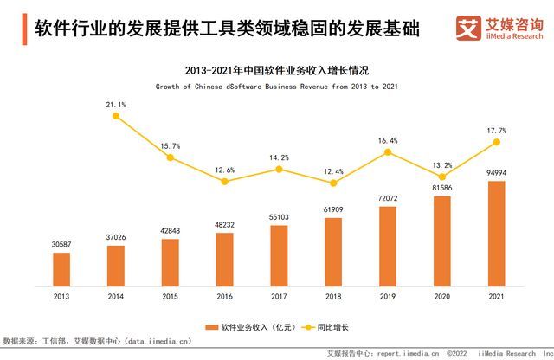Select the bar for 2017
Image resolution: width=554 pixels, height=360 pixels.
(x=279, y=256)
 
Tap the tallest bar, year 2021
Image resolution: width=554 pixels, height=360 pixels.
(x=496, y=234)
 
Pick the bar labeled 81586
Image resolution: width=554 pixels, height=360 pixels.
(x=441, y=241)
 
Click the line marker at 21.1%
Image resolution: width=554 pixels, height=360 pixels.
(x=116, y=116)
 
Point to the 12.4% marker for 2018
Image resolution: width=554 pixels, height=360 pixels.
(x=333, y=183)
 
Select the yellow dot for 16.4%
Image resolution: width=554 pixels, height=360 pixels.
(x=388, y=152)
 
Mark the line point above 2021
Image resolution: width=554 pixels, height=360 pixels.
(x=496, y=142)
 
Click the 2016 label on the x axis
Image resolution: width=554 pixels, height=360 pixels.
(x=224, y=298)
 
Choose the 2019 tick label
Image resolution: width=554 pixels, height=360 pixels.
(x=387, y=298)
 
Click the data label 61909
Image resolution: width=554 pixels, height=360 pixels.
(x=333, y=209)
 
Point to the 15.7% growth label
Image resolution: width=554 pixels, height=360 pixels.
(x=171, y=146)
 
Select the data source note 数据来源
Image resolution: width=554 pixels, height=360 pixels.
(x=94, y=342)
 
